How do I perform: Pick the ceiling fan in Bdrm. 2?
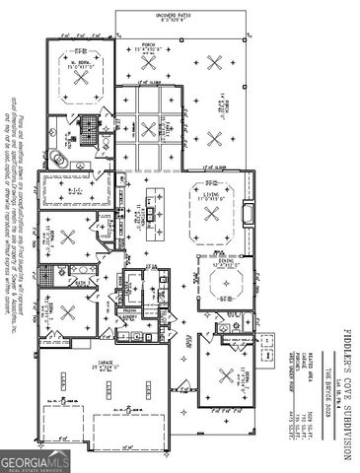point(68,236)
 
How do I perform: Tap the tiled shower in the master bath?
point(88,127)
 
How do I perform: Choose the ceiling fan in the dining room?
point(226,287)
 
